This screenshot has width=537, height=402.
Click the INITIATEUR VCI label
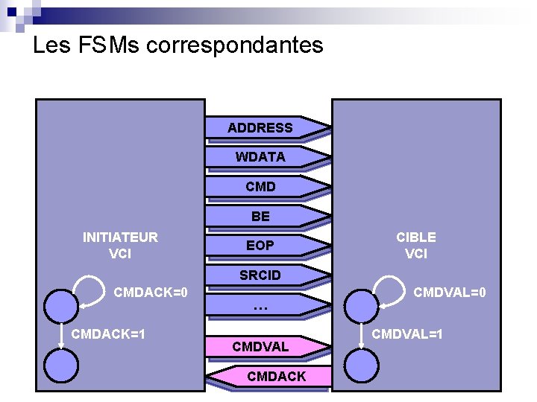pyautogui.click(x=120, y=245)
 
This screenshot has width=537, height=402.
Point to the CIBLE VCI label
pyautogui.click(x=416, y=245)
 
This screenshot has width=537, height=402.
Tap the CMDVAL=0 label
pyautogui.click(x=450, y=293)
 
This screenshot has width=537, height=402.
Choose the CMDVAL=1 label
pyautogui.click(x=407, y=334)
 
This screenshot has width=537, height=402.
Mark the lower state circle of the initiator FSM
pyautogui.click(x=60, y=365)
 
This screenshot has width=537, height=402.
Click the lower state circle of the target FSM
pyautogui.click(x=362, y=366)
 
